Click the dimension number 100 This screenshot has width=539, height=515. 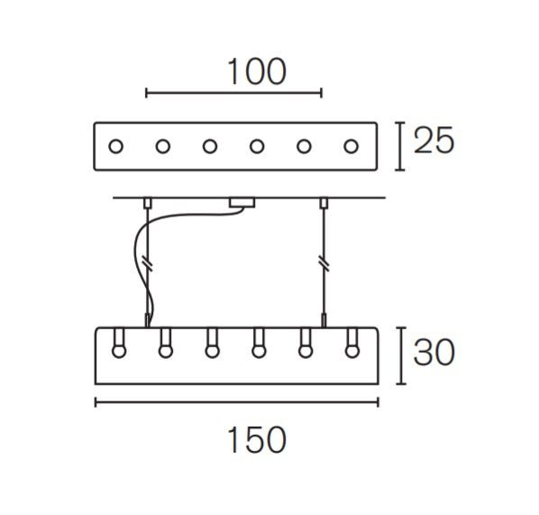[x=257, y=71]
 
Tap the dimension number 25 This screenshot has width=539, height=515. [x=434, y=140]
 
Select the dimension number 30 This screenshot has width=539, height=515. [x=434, y=353]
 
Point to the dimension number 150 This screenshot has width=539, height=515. [x=257, y=439]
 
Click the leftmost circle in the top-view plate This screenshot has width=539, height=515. [x=115, y=146]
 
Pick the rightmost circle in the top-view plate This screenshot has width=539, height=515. [x=351, y=146]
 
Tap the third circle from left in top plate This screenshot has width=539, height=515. [x=210, y=146]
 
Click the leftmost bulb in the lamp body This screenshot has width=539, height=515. [x=119, y=344]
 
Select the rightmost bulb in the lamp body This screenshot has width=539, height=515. [x=352, y=344]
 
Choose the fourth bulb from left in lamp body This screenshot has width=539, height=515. [x=259, y=344]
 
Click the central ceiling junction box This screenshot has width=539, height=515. [x=242, y=203]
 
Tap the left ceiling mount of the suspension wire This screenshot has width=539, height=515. [x=148, y=203]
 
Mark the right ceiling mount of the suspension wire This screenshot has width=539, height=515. [x=324, y=203]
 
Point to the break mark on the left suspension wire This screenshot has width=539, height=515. [x=148, y=264]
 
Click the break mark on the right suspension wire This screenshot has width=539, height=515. [x=324, y=264]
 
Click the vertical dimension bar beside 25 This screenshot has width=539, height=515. [x=399, y=146]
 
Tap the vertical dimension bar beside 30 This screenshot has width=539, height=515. [x=401, y=355]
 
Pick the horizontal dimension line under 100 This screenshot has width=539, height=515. [x=233, y=93]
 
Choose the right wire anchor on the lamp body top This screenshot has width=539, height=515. [x=324, y=320]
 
